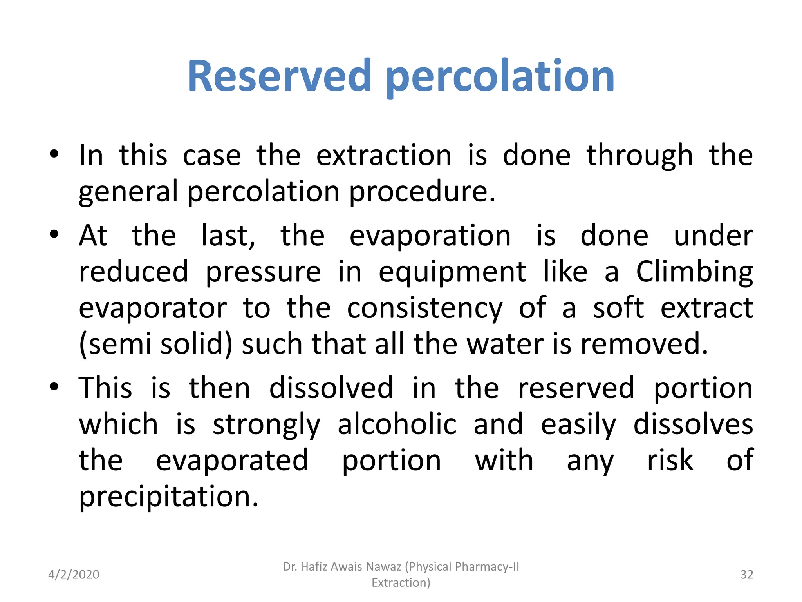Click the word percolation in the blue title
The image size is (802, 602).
[500, 77]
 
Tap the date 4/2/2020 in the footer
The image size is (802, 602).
[74, 575]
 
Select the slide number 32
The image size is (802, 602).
[746, 575]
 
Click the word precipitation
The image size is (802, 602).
[169, 497]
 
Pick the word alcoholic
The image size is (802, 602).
[397, 424]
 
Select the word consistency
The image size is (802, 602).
[424, 308]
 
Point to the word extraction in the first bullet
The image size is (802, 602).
[384, 156]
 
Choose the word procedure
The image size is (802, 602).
[422, 192]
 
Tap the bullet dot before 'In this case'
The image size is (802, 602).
[54, 154]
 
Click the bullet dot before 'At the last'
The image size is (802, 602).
[54, 234]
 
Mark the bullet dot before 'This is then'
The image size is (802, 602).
[54, 386]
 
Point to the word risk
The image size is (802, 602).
[670, 461]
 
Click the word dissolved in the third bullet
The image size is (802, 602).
[331, 388]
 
